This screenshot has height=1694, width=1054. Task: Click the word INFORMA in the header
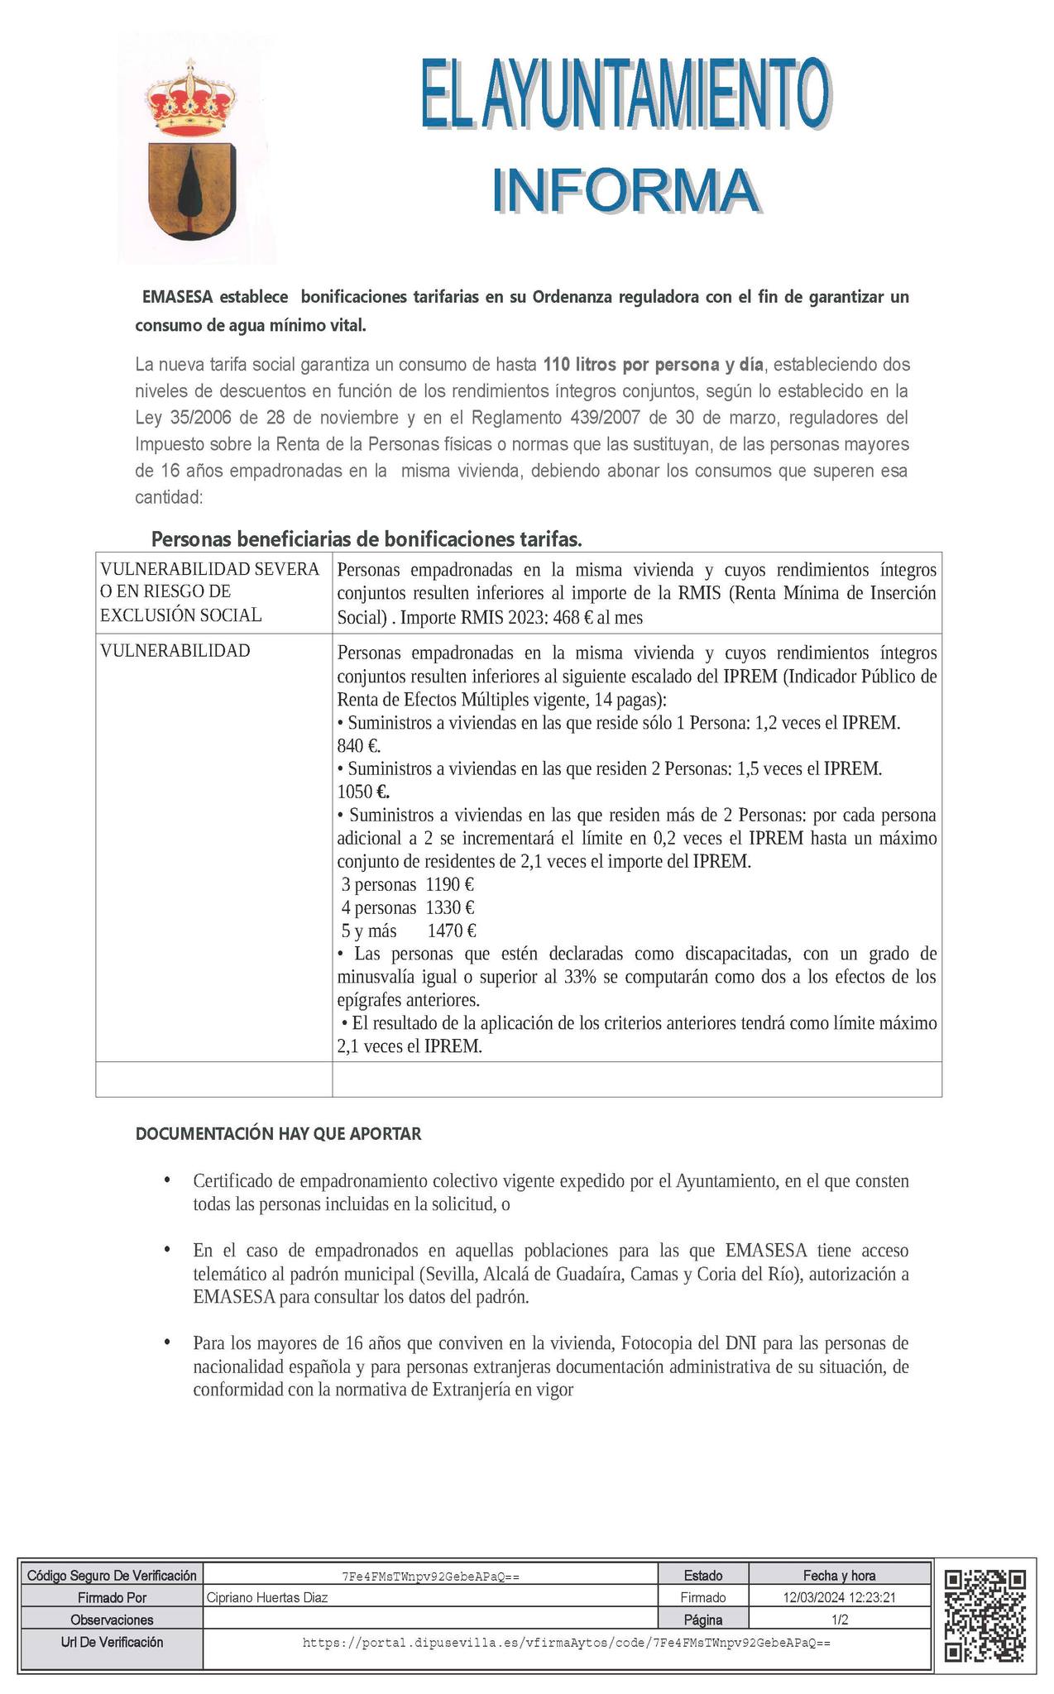(x=625, y=191)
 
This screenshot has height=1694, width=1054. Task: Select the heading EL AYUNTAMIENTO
(x=625, y=93)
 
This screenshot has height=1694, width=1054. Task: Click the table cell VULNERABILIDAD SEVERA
(x=210, y=569)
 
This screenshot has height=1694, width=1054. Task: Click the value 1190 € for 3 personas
(x=449, y=885)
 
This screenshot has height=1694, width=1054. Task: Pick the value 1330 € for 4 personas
(x=450, y=908)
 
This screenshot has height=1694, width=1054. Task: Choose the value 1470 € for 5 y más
(x=452, y=931)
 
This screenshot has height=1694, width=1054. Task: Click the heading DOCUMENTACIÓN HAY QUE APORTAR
(x=278, y=1134)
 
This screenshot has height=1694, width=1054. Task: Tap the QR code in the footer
(x=985, y=1615)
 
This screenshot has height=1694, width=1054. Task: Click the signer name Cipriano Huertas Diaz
(x=266, y=1597)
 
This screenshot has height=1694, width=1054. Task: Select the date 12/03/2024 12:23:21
(x=839, y=1597)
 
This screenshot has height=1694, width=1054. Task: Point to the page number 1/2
(x=839, y=1620)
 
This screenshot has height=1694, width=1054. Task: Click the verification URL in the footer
(x=566, y=1642)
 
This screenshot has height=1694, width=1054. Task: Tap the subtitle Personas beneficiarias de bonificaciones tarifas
(x=367, y=540)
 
